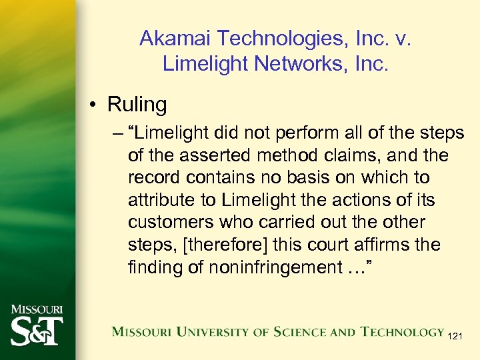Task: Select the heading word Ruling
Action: [x=137, y=105]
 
